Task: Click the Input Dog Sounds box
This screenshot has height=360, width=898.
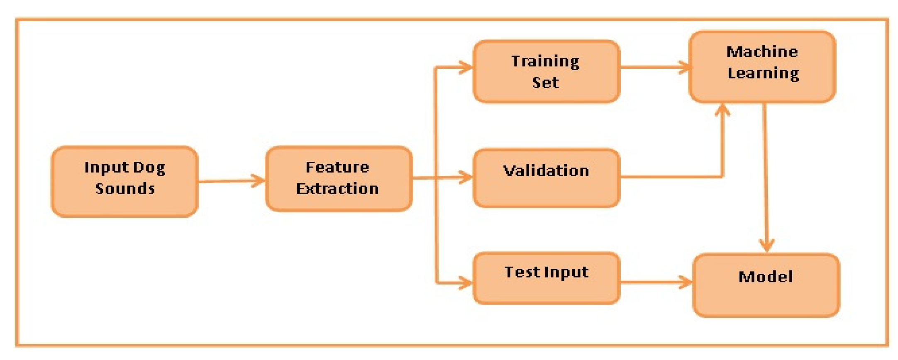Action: (x=124, y=181)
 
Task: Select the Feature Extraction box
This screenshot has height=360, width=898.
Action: (x=339, y=179)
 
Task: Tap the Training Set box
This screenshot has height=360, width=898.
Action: (x=546, y=71)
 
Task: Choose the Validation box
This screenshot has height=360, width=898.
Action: (x=546, y=178)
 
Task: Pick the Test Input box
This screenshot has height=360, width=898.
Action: (x=546, y=278)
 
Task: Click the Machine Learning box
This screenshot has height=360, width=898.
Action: (x=762, y=66)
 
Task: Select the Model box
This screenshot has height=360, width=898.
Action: (x=766, y=285)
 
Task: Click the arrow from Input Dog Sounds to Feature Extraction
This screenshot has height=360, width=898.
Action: (x=231, y=181)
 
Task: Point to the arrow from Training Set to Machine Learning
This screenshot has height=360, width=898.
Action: (x=654, y=67)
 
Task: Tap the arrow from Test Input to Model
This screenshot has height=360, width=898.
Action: (x=656, y=282)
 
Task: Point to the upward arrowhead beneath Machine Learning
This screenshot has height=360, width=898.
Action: (x=722, y=110)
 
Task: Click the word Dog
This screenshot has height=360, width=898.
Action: (x=149, y=168)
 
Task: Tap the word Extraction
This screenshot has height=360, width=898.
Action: (x=337, y=189)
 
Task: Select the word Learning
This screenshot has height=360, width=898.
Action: (x=763, y=74)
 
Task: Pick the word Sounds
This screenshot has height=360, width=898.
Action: (x=125, y=189)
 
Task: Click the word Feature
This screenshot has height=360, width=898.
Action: (x=337, y=167)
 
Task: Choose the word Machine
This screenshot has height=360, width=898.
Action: (x=762, y=52)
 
